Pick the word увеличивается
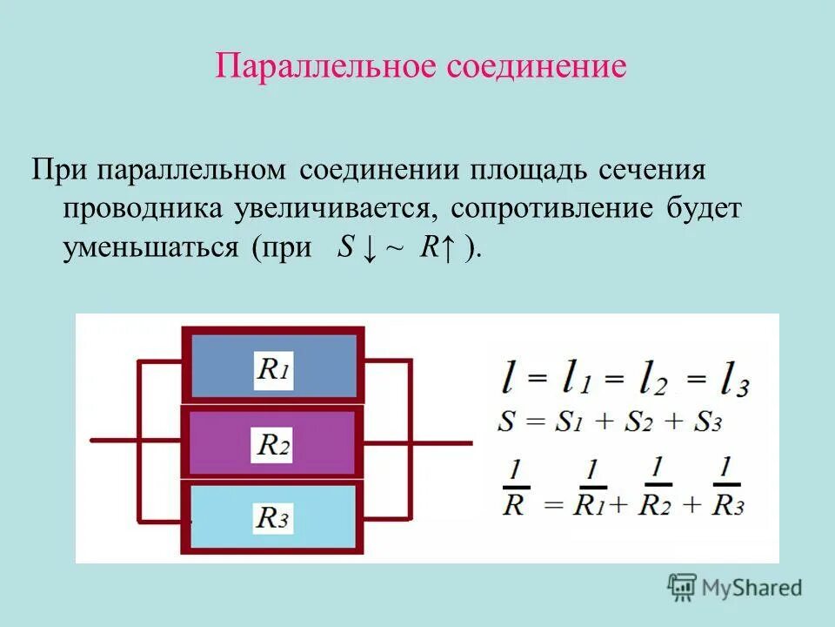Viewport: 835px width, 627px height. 332,209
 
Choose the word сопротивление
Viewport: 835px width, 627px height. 541,209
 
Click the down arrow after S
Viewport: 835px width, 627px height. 369,248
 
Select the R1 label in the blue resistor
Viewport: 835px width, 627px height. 273,369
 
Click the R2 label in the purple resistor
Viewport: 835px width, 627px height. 273,445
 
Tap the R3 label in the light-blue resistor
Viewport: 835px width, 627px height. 273,519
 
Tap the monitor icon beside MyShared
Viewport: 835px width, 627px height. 683,588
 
